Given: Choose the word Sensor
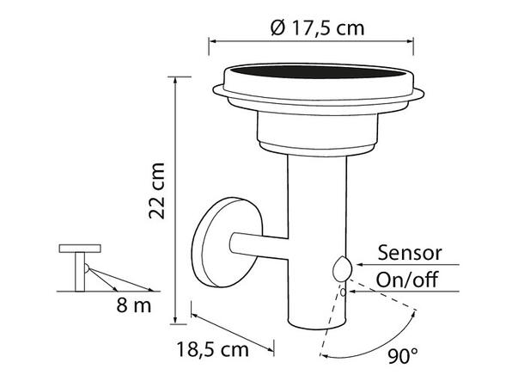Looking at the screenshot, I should pos(410,252).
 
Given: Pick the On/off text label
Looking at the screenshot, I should pos(409,279).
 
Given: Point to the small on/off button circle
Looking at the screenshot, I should pos(344,291).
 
